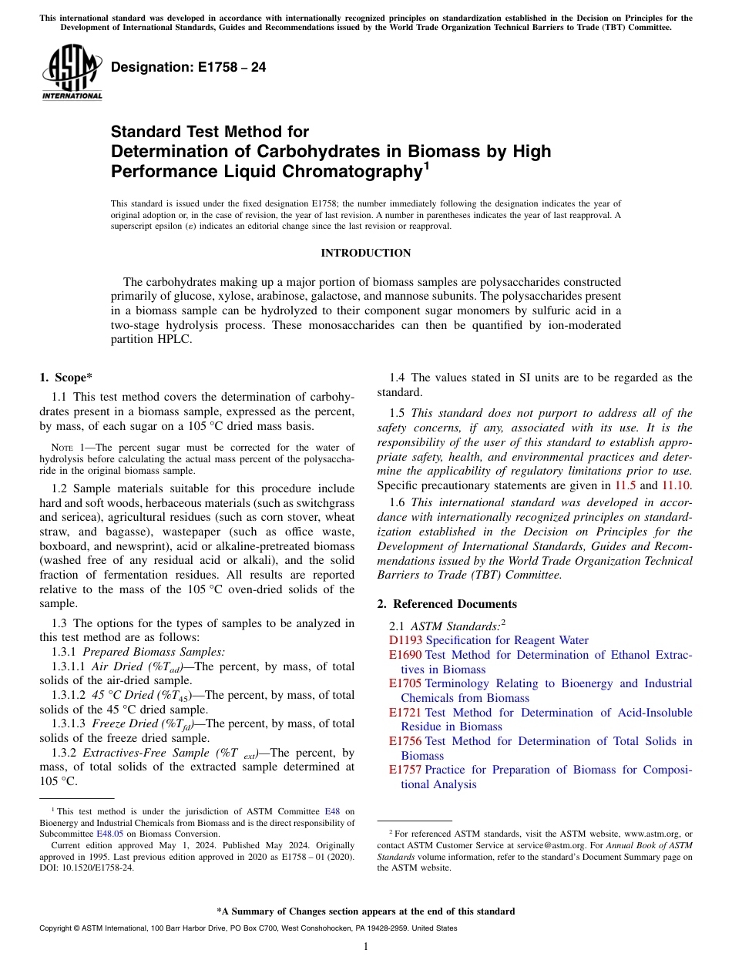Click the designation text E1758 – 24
coord(189,68)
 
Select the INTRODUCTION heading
coord(365,253)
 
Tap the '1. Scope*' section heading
coord(65,378)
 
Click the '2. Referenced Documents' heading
coord(447,604)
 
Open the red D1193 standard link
coord(405,640)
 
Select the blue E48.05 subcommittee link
coord(109,833)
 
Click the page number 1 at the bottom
coord(365,947)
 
